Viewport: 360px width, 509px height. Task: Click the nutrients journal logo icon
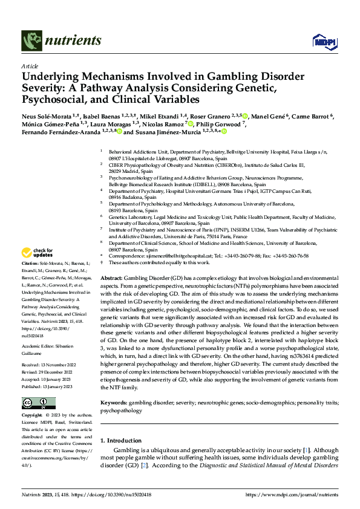31,40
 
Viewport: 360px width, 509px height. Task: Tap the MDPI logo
321,41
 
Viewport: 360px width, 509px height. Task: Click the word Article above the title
29,66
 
